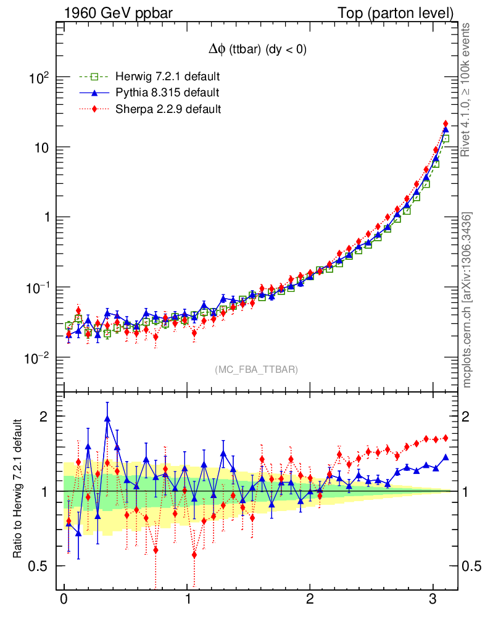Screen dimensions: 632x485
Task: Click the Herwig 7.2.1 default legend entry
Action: [x=167, y=77]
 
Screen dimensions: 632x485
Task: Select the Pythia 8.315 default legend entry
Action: [x=166, y=93]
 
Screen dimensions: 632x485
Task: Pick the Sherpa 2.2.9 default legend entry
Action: [x=167, y=109]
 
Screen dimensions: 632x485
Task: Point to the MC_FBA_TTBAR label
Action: [x=256, y=369]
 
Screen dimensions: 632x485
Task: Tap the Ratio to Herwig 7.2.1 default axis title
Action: [x=19, y=489]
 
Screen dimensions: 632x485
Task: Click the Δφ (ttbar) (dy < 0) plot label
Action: [x=258, y=50]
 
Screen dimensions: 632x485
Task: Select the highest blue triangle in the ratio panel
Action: [x=108, y=419]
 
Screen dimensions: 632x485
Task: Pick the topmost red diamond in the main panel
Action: [x=446, y=124]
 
